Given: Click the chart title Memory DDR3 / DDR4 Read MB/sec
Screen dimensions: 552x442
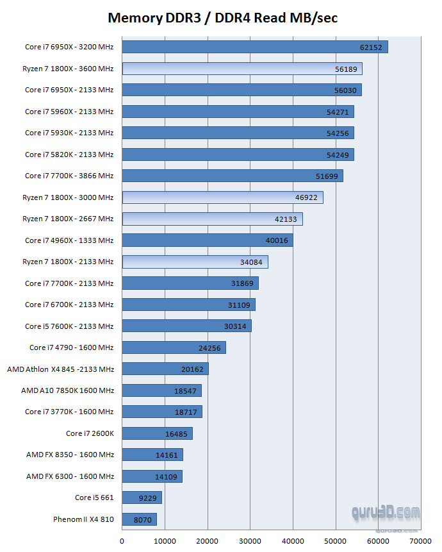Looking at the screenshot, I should [222, 18].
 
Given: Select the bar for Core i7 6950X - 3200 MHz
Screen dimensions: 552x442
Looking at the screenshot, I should [254, 47].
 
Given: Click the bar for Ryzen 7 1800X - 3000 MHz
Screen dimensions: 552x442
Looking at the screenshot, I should [222, 197].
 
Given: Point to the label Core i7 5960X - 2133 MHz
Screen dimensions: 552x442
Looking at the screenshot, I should [69, 112].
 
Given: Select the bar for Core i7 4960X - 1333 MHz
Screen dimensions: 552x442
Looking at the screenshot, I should [207, 240].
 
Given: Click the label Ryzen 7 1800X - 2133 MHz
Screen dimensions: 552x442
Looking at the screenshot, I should [69, 262].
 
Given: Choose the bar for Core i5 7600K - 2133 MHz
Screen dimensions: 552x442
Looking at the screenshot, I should [186, 326].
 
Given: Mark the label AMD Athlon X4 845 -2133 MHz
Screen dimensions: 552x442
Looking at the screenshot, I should [61, 369].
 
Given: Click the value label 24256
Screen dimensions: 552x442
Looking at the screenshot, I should [211, 347].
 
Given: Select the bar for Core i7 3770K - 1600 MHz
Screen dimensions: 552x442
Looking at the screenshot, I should [161, 412].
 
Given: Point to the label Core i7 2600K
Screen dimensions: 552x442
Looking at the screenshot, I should [90, 433].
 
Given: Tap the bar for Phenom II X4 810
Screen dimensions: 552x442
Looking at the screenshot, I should [139, 519].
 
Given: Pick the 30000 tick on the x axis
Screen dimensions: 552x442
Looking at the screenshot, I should [250, 541].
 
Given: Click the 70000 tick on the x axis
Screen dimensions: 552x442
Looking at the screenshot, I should [421, 541].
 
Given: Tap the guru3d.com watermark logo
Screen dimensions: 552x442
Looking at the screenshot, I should [386, 513].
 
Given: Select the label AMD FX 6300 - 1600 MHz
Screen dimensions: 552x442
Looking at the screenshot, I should [70, 476].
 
